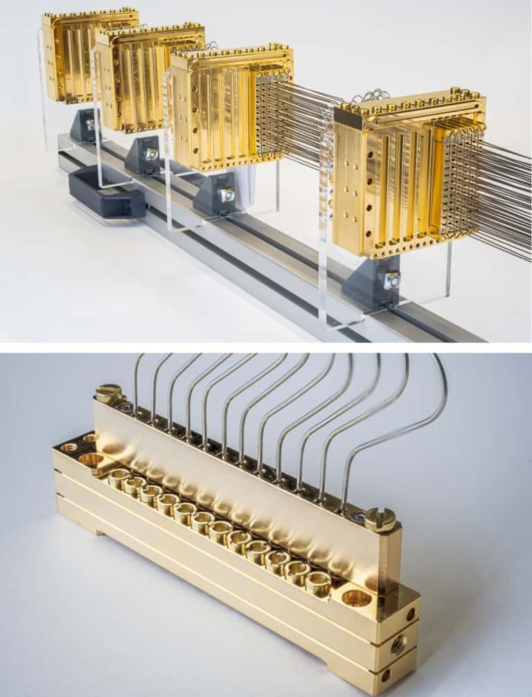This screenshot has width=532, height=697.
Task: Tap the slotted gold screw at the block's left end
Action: pyautogui.click(x=108, y=392)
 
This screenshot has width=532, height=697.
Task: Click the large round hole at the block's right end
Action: pyautogui.click(x=357, y=597)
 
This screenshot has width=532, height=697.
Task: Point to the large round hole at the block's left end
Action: pyautogui.click(x=92, y=459)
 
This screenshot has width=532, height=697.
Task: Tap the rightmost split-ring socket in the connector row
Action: pyautogui.click(x=318, y=583)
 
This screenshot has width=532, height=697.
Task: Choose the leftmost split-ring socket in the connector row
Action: pyautogui.click(x=118, y=477)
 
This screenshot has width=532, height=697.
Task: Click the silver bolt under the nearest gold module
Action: pyautogui.click(x=392, y=280)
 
